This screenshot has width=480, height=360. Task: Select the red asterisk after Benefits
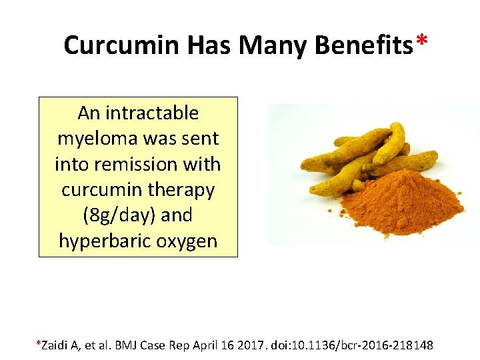pos(421,41)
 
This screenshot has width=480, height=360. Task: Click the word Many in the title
pos(273,45)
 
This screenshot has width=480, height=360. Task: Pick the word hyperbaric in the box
pos(105,241)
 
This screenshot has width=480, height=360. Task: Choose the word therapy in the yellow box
pos(181,189)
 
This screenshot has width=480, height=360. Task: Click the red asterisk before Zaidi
pos(38,343)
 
